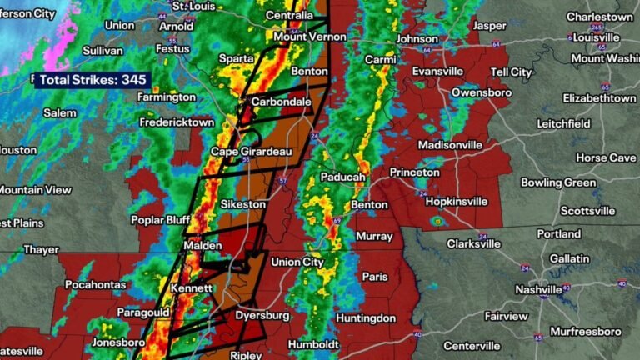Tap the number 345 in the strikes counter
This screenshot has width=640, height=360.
coord(135,80)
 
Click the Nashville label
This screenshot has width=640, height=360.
coord(540,290)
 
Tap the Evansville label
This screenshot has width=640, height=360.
coord(437,72)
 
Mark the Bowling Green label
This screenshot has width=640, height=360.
coord(558,182)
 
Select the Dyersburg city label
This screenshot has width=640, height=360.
coord(263,316)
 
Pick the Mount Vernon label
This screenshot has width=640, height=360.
coord(304,37)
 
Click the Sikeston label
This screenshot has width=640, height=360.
coord(243,204)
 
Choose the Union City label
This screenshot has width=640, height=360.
coord(297,262)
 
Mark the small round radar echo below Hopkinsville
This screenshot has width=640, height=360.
coord(437,221)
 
